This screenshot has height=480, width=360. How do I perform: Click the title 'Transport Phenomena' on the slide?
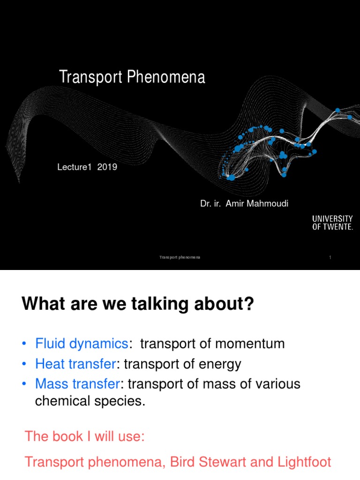[132, 77]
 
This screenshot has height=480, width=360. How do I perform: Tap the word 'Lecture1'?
[73, 167]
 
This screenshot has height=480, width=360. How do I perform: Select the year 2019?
[107, 167]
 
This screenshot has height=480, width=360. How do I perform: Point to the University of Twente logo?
[332, 223]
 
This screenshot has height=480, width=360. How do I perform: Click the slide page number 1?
[330, 258]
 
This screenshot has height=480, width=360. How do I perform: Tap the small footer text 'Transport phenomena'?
[180, 258]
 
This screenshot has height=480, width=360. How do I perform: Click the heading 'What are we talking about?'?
[138, 306]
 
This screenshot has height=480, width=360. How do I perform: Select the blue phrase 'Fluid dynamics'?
[82, 344]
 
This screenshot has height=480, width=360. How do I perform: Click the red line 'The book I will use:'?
[85, 436]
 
